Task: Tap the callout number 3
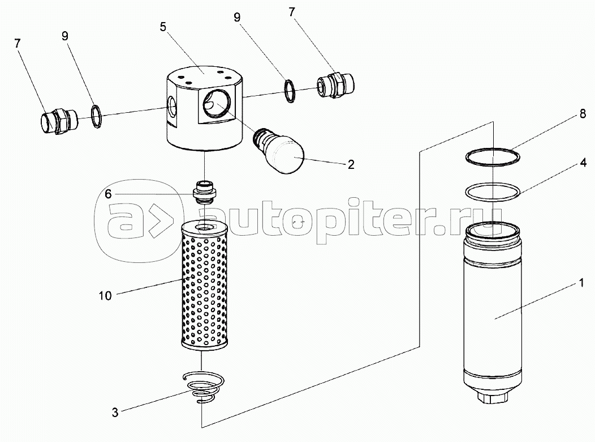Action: [x=115, y=413]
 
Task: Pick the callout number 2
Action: [x=351, y=165]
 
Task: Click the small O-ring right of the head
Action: [x=290, y=91]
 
